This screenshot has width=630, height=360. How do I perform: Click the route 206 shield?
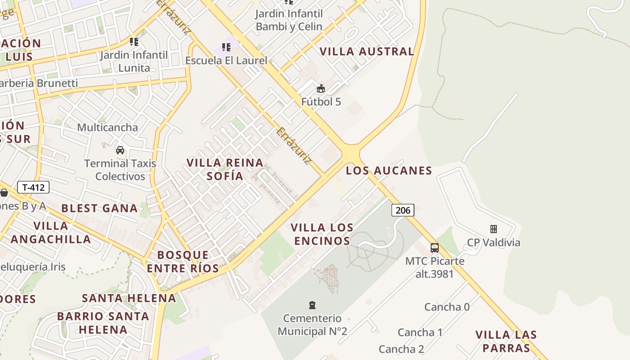(403, 210)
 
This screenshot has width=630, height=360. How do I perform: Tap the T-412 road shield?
(33, 187)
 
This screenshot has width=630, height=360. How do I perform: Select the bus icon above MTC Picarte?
(435, 247)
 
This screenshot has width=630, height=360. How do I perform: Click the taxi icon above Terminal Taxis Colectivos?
(120, 150)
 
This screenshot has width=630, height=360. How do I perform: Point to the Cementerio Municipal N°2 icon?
(312, 305)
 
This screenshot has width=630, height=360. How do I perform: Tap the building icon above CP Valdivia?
(494, 229)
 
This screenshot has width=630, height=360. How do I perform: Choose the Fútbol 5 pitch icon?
(321, 88)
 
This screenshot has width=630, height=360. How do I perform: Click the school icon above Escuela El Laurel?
(226, 47)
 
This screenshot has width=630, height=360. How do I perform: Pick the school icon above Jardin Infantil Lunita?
(134, 42)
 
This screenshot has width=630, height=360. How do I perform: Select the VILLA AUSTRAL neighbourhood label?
(367, 51)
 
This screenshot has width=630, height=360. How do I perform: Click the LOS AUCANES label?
(389, 171)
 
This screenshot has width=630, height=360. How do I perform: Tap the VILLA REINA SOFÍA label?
(225, 169)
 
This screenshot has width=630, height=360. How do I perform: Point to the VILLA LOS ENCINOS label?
(322, 234)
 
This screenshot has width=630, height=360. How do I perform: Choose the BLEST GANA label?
(99, 208)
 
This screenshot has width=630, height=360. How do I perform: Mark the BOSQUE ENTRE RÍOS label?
(183, 262)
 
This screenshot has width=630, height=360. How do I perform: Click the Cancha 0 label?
(447, 307)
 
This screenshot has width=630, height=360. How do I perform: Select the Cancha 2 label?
(401, 349)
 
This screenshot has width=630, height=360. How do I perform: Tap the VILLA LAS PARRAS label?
(506, 341)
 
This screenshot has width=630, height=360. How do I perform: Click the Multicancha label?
(108, 127)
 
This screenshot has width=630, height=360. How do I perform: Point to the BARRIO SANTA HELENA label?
(103, 323)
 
